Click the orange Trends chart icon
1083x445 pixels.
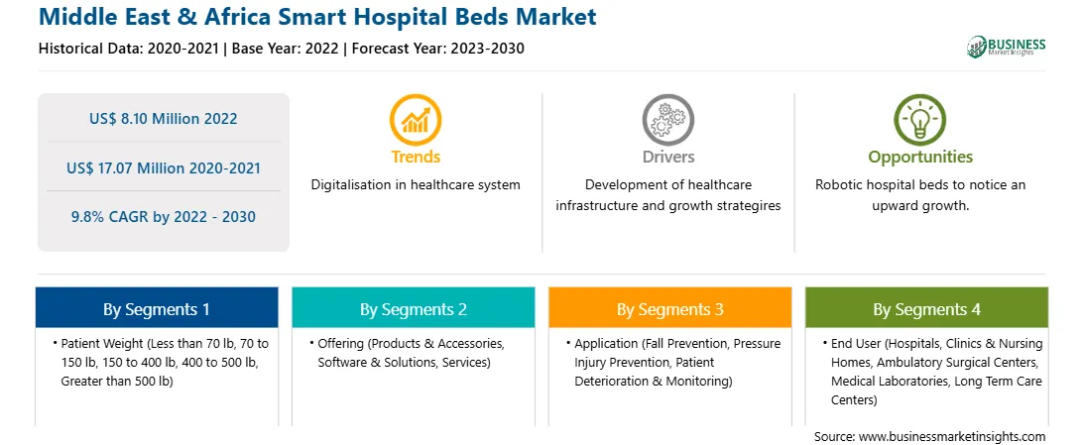(416, 120)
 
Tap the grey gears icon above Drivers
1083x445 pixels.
(667, 120)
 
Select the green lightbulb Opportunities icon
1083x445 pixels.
(920, 120)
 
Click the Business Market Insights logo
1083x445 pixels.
(1007, 47)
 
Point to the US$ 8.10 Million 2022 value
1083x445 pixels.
(163, 119)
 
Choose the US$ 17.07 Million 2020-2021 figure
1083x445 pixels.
(163, 167)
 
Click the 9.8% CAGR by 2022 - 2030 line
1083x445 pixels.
(163, 217)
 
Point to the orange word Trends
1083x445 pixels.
(416, 158)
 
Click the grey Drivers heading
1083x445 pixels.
(668, 158)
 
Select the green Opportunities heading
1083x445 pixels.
(920, 158)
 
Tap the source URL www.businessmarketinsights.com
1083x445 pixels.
(952, 437)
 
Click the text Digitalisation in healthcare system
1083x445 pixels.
(416, 185)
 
